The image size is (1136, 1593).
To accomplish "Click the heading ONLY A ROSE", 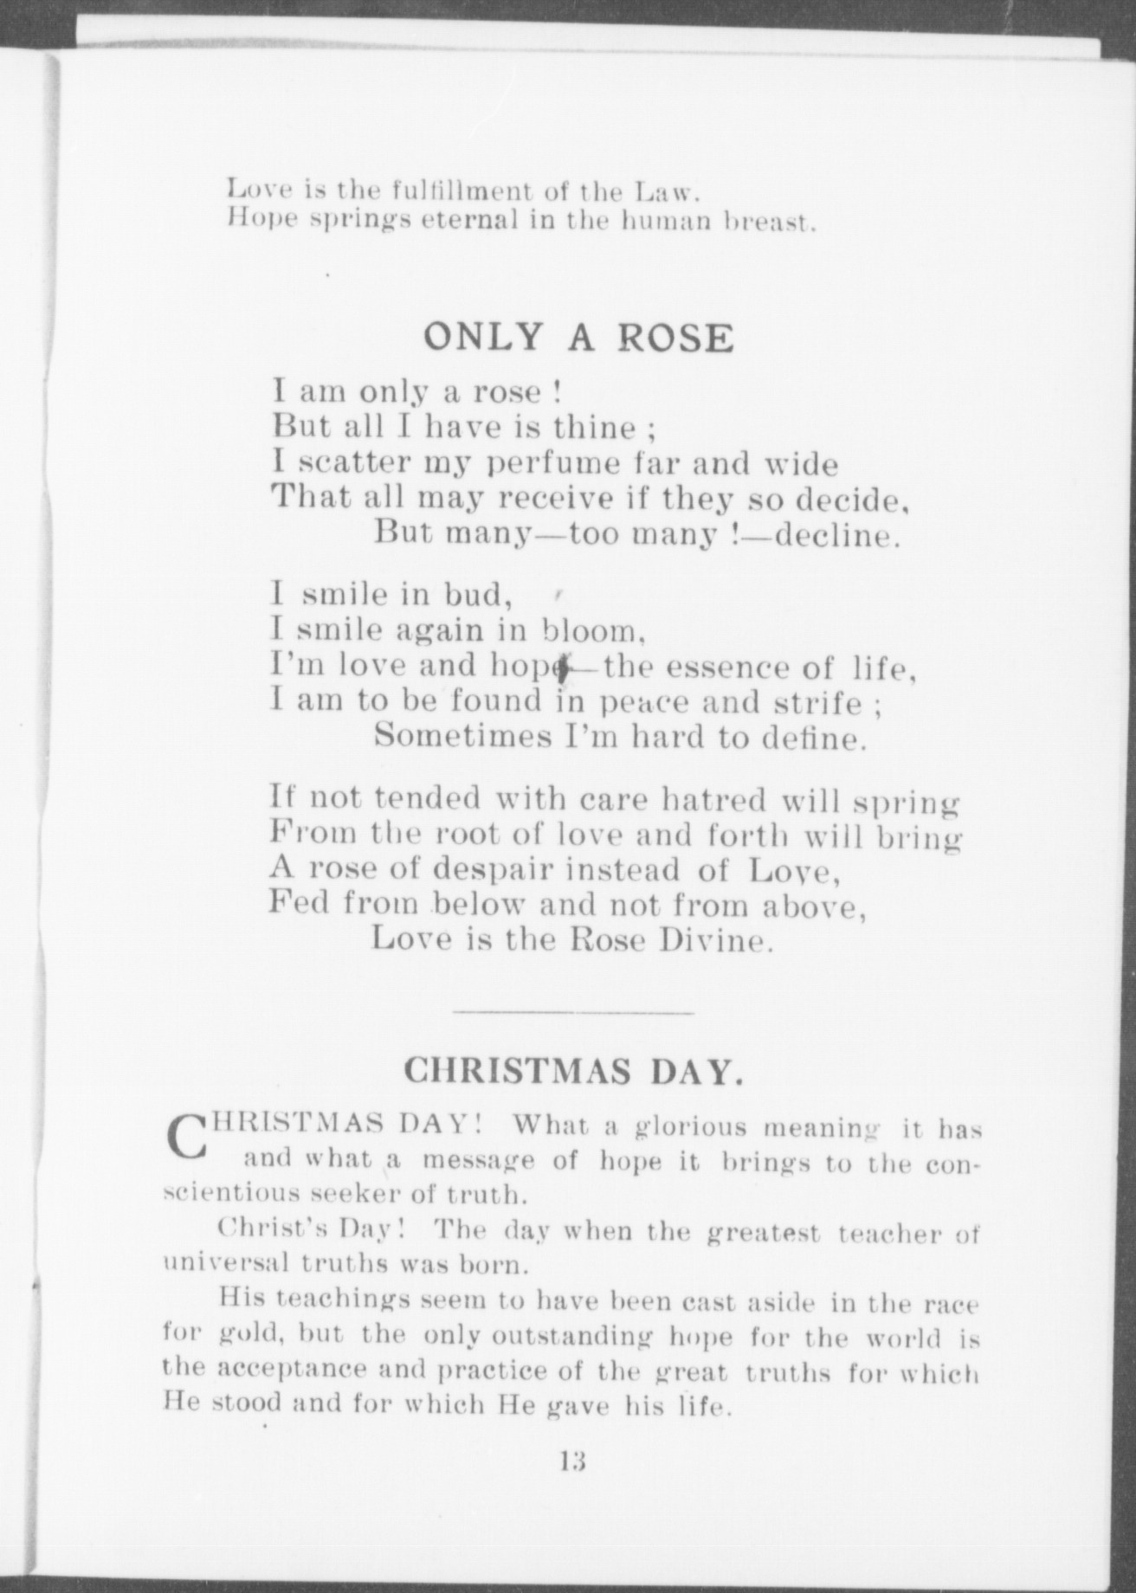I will coord(578,338).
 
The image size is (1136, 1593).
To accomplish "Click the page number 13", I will coord(572,1461).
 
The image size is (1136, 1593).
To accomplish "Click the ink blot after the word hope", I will coord(564,668).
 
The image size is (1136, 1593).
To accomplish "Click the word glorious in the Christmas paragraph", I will coord(691,1126).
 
